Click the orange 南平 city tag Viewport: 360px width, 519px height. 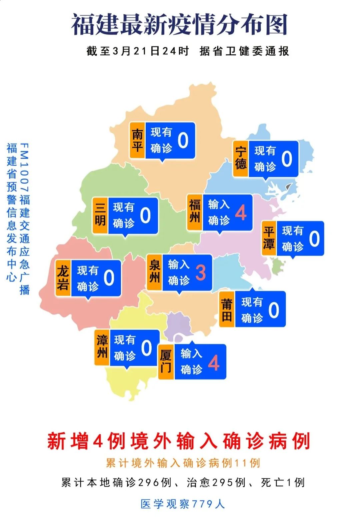pos(137,140)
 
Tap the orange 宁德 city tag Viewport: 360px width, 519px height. pos(241,159)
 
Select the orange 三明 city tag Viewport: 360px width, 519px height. pos(100,215)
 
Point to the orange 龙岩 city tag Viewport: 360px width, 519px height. pos(63,278)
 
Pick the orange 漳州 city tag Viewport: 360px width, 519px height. pos(102,347)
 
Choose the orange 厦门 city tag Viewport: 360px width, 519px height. pos(166,362)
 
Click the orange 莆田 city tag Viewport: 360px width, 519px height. pos(227,309)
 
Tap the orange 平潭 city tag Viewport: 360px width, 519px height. pos(269,238)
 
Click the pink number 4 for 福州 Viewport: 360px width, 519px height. pos(241,213)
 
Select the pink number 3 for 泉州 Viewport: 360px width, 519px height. pos(200,272)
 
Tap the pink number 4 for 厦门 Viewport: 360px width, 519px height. pos(214,362)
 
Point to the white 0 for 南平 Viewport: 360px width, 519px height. pos(183,140)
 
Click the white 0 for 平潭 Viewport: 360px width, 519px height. pos(314,239)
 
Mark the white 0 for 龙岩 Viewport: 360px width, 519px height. pos(109,278)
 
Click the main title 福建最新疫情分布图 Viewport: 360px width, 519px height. pos(179,25)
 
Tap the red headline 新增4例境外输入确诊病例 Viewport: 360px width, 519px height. pos(179,441)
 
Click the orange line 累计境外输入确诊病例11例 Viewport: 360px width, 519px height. pos(183,463)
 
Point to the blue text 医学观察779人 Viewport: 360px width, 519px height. pos(183,504)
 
